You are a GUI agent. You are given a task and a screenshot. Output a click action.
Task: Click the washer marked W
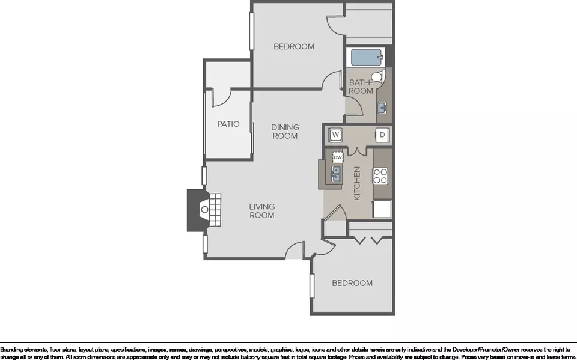tap(335, 135)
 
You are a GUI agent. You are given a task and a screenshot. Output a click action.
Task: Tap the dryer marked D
tap(382, 135)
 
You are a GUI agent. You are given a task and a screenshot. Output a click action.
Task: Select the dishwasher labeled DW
tap(338, 157)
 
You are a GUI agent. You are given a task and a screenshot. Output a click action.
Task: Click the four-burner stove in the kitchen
tap(380, 176)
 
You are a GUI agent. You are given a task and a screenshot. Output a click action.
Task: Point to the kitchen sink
tap(336, 174)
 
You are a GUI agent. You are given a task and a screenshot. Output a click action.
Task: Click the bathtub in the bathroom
tap(367, 58)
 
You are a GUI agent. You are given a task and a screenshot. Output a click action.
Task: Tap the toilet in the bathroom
tap(378, 77)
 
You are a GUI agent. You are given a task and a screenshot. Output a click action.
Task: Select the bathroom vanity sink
tap(382, 108)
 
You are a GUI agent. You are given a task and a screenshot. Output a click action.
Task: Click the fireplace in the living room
tap(204, 210)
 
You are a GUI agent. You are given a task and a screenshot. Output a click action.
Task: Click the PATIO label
tap(228, 124)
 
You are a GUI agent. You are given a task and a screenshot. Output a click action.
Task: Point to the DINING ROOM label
tap(285, 132)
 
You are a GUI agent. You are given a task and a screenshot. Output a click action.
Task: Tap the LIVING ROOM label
tap(262, 211)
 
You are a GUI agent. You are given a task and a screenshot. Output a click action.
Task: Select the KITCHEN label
tap(356, 183)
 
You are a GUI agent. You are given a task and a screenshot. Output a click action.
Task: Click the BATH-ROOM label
tap(361, 87)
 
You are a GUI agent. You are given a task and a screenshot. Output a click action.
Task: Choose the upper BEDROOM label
tap(294, 47)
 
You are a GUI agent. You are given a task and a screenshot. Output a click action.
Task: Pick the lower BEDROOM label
tap(352, 283)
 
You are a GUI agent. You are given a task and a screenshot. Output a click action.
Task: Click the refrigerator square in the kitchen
tap(382, 209)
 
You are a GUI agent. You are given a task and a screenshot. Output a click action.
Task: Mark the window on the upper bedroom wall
tap(252, 31)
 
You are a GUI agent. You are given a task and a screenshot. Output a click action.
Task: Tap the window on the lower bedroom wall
tap(312, 286)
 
